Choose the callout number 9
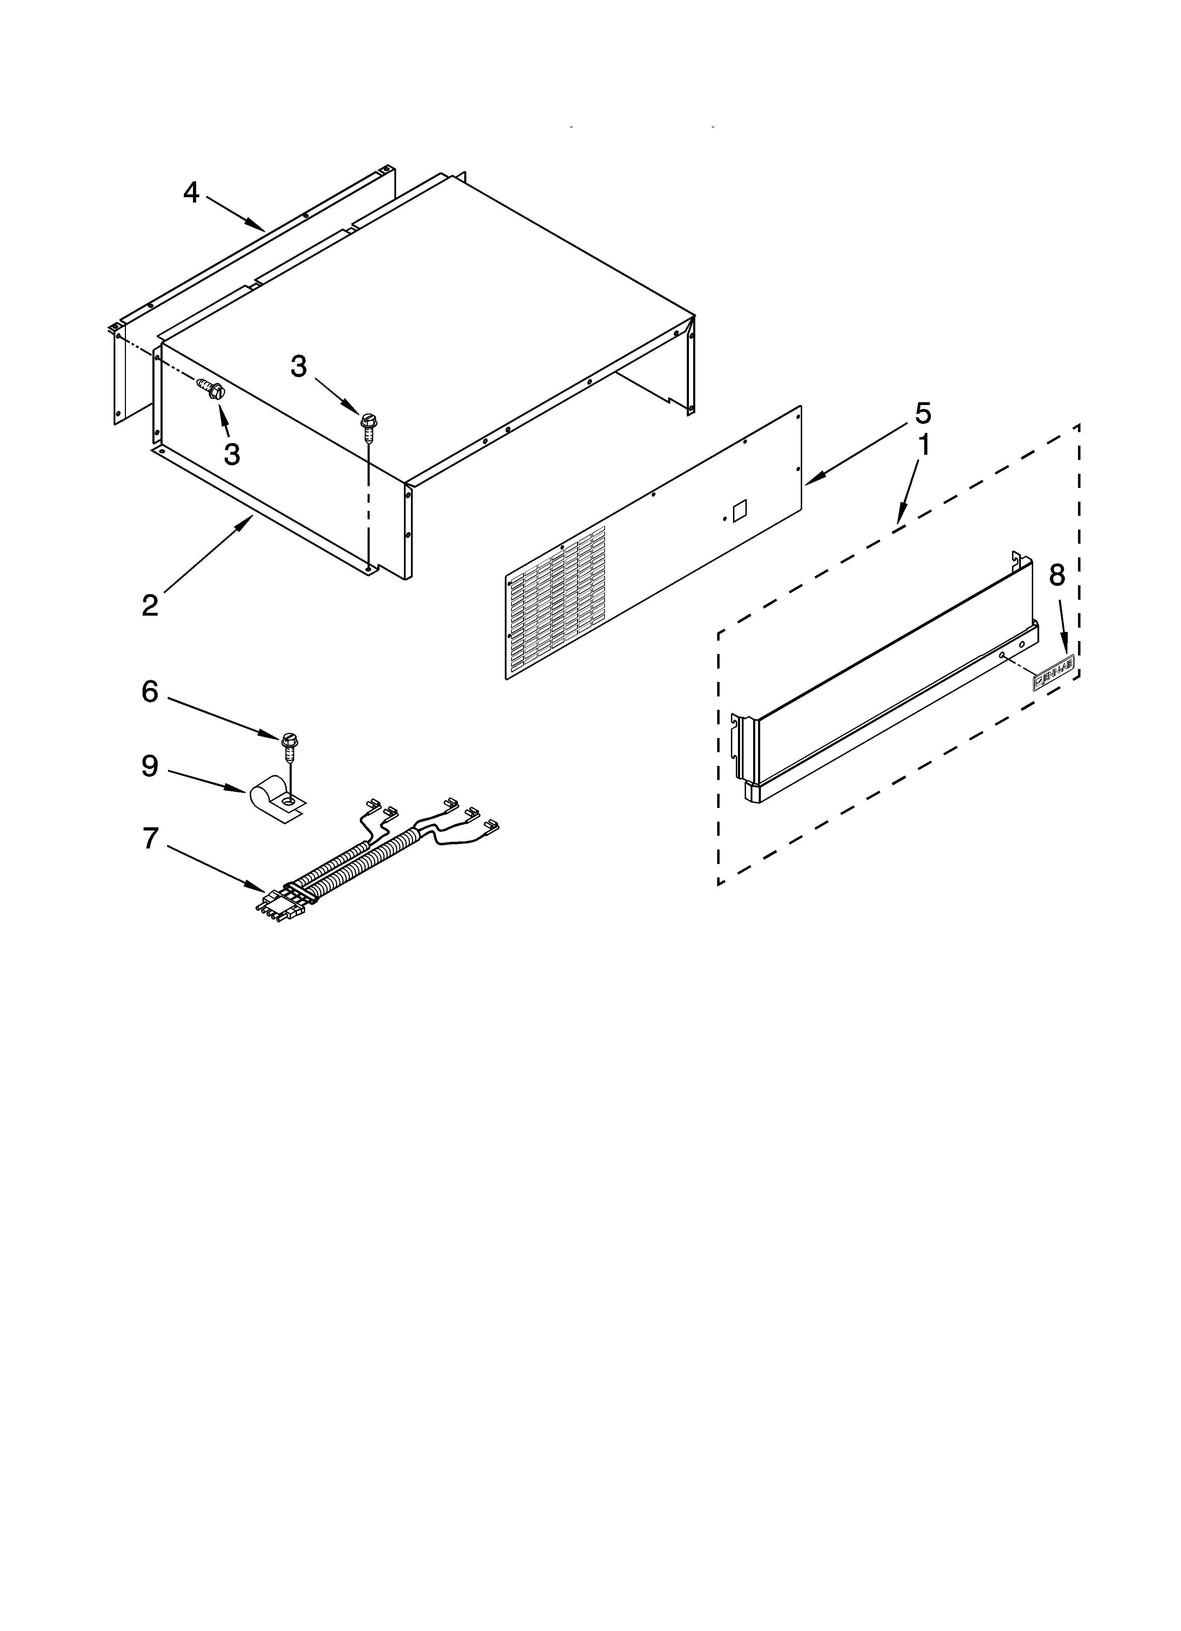150,767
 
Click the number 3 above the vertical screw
298,367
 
